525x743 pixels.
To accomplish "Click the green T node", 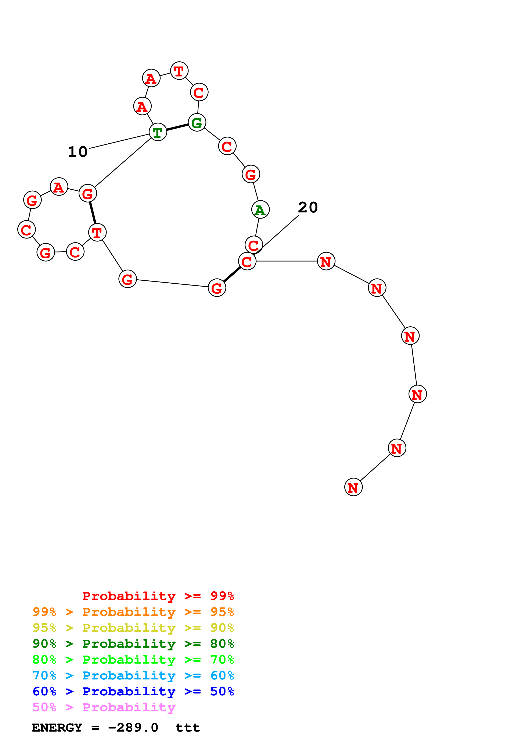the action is pos(158,132).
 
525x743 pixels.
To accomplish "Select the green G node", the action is pos(197,123).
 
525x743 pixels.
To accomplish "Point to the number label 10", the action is pos(78,152).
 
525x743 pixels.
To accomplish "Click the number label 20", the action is pos(308,207).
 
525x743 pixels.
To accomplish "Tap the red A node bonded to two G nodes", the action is pos(59,187).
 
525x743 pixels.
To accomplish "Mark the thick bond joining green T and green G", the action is pos(177,127).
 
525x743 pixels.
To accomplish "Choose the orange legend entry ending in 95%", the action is pos(133,612).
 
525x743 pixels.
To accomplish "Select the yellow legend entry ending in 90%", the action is pos(133,628).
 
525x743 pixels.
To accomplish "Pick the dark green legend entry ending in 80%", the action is pos(133,644).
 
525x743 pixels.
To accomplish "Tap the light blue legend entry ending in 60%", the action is pos(133,675).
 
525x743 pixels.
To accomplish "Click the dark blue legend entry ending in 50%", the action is pos(133,691).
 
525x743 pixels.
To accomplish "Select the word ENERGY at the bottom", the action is pos(57,728).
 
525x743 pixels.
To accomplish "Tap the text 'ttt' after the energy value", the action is pos(188,728).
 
